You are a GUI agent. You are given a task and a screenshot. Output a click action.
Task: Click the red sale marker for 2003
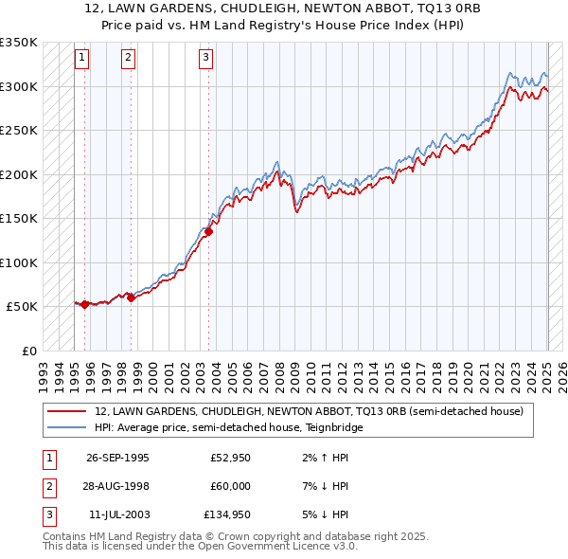click(x=209, y=231)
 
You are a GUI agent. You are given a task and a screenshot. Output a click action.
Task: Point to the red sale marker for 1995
click(x=85, y=304)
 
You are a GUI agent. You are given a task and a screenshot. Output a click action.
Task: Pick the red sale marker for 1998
click(x=132, y=298)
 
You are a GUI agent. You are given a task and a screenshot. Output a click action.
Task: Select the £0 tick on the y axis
click(x=29, y=351)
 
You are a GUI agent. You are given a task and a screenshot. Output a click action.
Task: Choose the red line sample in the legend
click(x=67, y=411)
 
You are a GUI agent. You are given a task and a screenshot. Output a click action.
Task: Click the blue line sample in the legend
click(x=67, y=427)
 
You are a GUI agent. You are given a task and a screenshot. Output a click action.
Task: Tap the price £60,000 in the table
click(x=230, y=486)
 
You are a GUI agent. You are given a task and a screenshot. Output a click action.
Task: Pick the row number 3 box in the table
click(x=48, y=514)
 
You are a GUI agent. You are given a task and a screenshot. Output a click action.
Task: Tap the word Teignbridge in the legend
click(x=331, y=427)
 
